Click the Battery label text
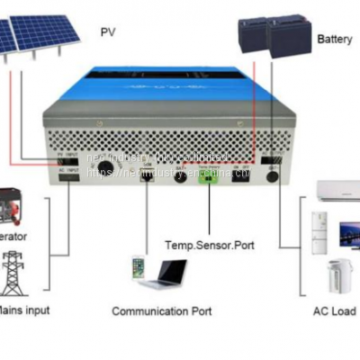pyautogui.click(x=334, y=40)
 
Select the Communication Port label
pyautogui.click(x=162, y=310)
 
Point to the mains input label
pyautogui.click(x=22, y=310)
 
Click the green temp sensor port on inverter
pyautogui.click(x=210, y=175)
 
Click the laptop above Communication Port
pyautogui.click(x=166, y=273)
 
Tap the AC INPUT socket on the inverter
pyautogui.click(x=70, y=176)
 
